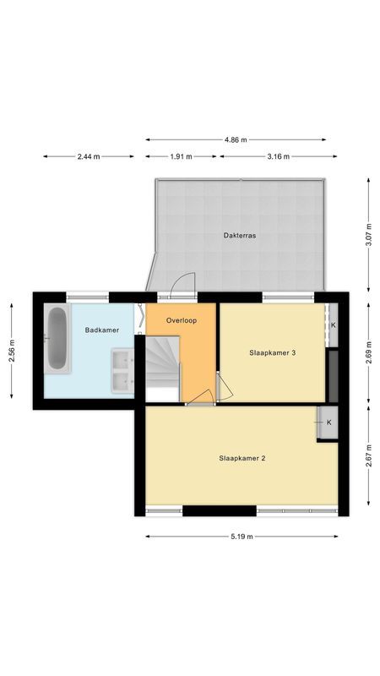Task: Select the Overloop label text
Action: coord(182,320)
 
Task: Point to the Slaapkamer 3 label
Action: coord(272,352)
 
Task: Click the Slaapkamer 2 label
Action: coord(242,459)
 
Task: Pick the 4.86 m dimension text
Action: coord(236,139)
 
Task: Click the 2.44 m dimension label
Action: coord(89,156)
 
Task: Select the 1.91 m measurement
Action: coord(181,156)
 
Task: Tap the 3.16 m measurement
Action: coord(278,156)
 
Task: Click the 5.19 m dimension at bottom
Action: coord(242,537)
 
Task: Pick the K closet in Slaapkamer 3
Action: coord(333,325)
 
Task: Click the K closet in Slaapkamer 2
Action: coord(328,422)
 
